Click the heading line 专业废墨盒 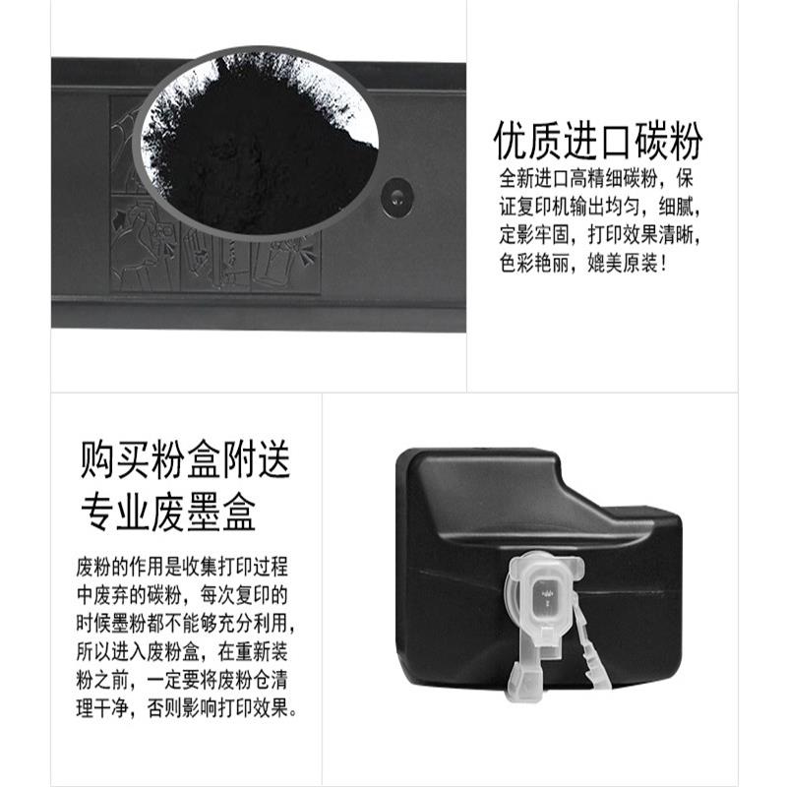[169, 512]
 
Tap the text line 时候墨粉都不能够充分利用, [185, 625]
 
